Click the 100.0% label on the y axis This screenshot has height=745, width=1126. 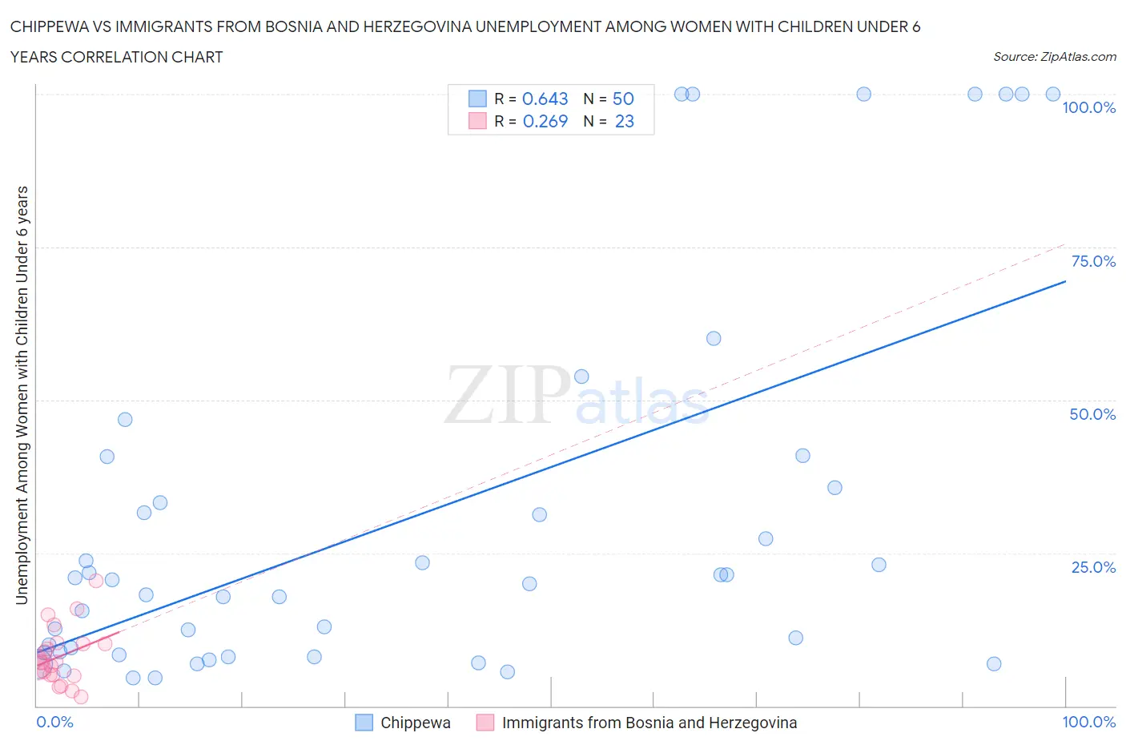pos(1088,108)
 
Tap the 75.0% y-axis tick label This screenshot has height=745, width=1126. pos(1093,261)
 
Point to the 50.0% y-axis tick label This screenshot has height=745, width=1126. pos(1092,414)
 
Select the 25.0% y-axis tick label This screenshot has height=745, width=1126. pos(1093,567)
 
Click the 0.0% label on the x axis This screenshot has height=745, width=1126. pos(54,722)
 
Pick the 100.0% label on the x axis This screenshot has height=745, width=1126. pos(1088,722)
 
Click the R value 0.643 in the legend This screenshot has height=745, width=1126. pos(545,99)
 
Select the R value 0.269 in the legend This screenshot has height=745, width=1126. pos(545,121)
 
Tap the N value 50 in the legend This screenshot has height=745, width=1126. pos(623,99)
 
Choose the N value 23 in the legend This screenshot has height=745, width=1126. pos(624,121)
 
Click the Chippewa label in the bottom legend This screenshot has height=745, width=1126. pos(415,723)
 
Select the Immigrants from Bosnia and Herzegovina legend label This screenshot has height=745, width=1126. pos(649,723)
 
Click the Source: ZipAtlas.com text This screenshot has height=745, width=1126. pos(1054,57)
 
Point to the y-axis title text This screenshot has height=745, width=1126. pos(22,395)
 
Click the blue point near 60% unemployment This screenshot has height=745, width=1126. pos(714,338)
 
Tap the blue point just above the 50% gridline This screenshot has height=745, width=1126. pos(581,377)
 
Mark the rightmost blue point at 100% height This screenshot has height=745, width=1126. pos(1053,95)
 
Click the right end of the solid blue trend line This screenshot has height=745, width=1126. pos(1065,281)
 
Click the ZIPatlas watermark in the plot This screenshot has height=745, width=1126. pos(577,395)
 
